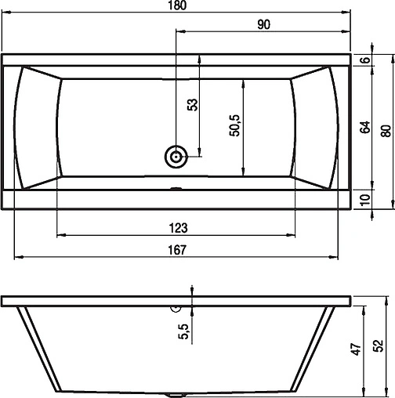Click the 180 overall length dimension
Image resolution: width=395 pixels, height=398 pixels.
click(178, 5)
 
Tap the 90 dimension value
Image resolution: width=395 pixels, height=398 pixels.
click(264, 24)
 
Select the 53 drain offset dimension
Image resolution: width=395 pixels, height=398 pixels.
click(193, 105)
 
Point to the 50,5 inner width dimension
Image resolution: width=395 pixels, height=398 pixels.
click(234, 125)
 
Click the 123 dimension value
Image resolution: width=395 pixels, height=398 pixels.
click(179, 228)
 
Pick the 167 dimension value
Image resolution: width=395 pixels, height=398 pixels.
click(177, 250)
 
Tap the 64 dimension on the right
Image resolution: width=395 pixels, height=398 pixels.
click(365, 127)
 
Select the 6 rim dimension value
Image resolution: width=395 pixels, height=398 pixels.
click(365, 60)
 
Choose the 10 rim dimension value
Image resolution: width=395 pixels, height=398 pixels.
click(365, 200)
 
